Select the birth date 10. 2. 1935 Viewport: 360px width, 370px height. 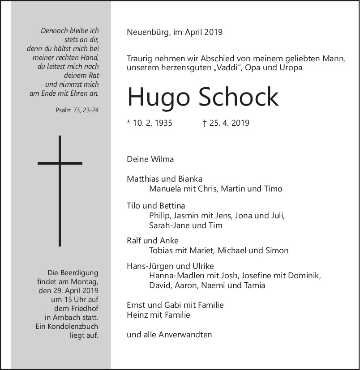[x=152, y=123]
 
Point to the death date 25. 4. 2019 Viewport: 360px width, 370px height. [x=228, y=123]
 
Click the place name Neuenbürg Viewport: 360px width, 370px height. [x=147, y=32]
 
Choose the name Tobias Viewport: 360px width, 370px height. [x=162, y=251]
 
